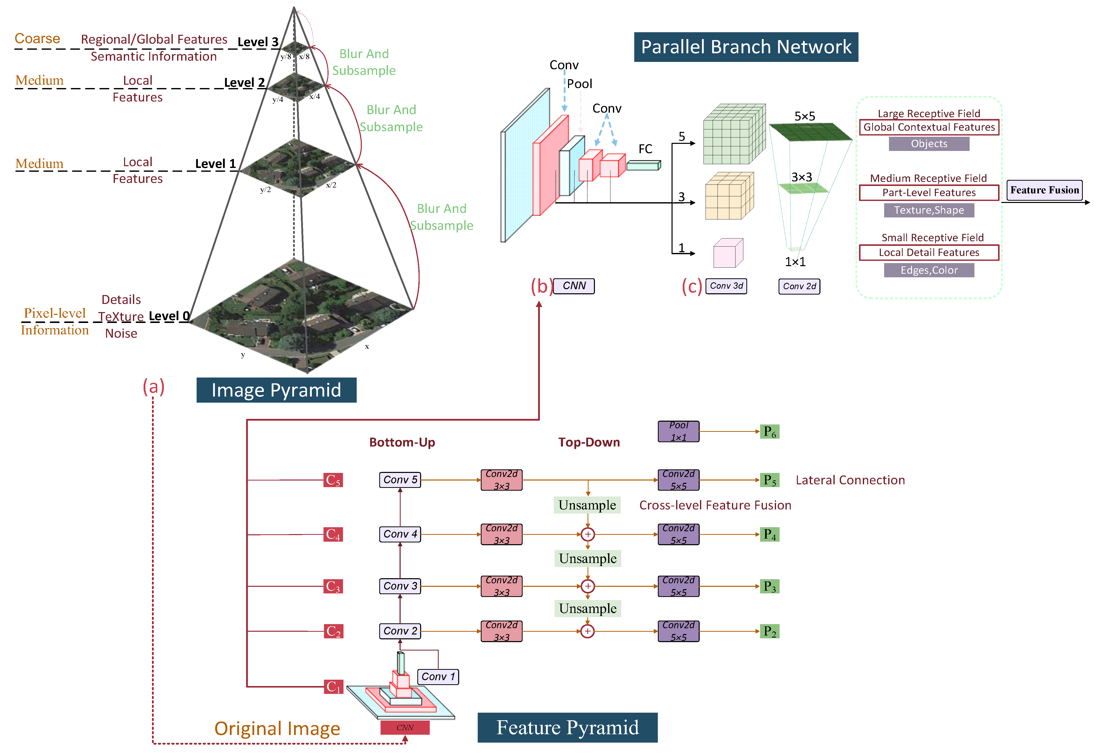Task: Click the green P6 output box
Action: click(x=769, y=431)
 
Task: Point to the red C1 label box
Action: click(x=333, y=686)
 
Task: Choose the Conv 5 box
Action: click(x=400, y=480)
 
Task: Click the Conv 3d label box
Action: click(x=726, y=286)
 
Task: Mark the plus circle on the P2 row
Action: click(x=587, y=631)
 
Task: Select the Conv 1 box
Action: click(x=438, y=676)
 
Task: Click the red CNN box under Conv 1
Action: click(x=405, y=727)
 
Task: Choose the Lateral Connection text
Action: click(x=850, y=480)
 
